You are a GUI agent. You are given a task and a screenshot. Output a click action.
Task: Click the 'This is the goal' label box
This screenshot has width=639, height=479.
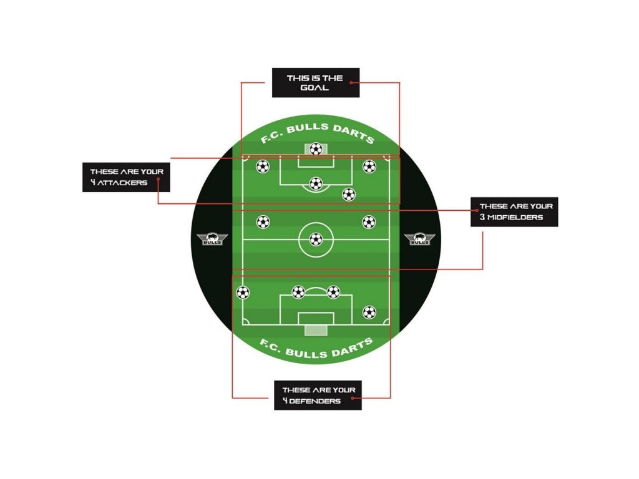315,82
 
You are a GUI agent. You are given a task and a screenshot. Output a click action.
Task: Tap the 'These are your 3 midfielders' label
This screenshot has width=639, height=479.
514,211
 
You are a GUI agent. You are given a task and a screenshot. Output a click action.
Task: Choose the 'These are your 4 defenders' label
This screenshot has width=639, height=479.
318,395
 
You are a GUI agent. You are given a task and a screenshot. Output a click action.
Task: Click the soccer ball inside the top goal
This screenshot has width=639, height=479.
316,149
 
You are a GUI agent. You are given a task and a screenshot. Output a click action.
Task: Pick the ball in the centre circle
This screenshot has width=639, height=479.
316,239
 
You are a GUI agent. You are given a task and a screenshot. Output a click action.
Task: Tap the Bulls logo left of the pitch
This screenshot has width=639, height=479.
212,239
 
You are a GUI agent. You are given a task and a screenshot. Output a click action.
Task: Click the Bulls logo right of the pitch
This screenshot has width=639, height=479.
419,239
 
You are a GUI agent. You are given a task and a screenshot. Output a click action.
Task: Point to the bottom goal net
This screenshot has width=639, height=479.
316,329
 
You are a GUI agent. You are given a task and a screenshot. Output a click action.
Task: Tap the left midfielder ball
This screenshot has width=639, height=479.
263,221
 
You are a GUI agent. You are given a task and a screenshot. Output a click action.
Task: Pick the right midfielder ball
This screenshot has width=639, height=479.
369,221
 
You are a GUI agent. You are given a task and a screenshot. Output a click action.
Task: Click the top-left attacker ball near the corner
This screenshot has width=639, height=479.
263,167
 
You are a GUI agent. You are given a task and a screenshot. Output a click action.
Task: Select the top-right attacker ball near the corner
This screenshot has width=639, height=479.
369,167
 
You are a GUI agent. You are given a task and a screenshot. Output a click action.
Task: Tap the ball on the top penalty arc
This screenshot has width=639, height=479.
316,184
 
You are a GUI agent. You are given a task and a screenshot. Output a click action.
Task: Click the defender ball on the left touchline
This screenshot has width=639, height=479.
242,293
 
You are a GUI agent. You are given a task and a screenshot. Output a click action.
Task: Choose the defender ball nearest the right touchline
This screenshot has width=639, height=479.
369,311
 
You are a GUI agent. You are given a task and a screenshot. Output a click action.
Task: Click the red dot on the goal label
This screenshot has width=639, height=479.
352,82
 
